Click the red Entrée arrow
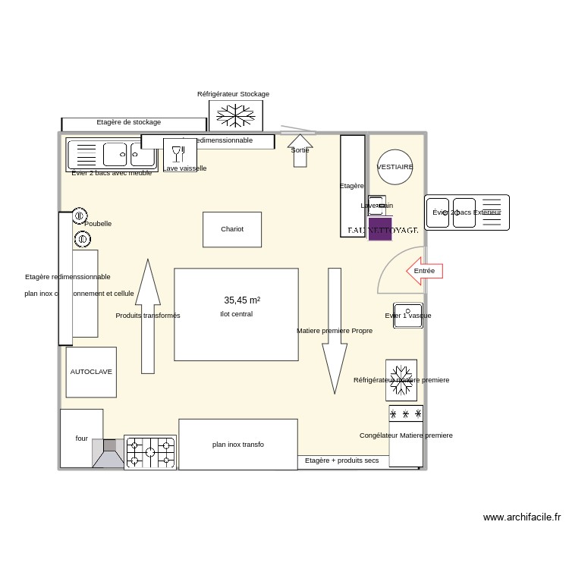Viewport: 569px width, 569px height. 424,271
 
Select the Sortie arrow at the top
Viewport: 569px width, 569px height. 300,150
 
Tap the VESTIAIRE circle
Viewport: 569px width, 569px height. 395,167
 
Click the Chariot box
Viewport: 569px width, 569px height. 232,229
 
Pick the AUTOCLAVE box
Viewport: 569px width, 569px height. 91,372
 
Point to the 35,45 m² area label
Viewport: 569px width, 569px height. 242,300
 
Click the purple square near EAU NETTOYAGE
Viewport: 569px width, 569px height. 380,229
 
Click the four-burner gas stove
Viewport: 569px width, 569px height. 150,452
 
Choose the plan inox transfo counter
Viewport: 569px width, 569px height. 238,444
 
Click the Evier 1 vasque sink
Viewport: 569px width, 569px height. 408,316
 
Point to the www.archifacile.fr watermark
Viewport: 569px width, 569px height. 522,517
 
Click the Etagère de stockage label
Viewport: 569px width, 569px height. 129,122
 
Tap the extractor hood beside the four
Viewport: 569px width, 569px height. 108,454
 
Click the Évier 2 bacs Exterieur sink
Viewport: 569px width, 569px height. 467,212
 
